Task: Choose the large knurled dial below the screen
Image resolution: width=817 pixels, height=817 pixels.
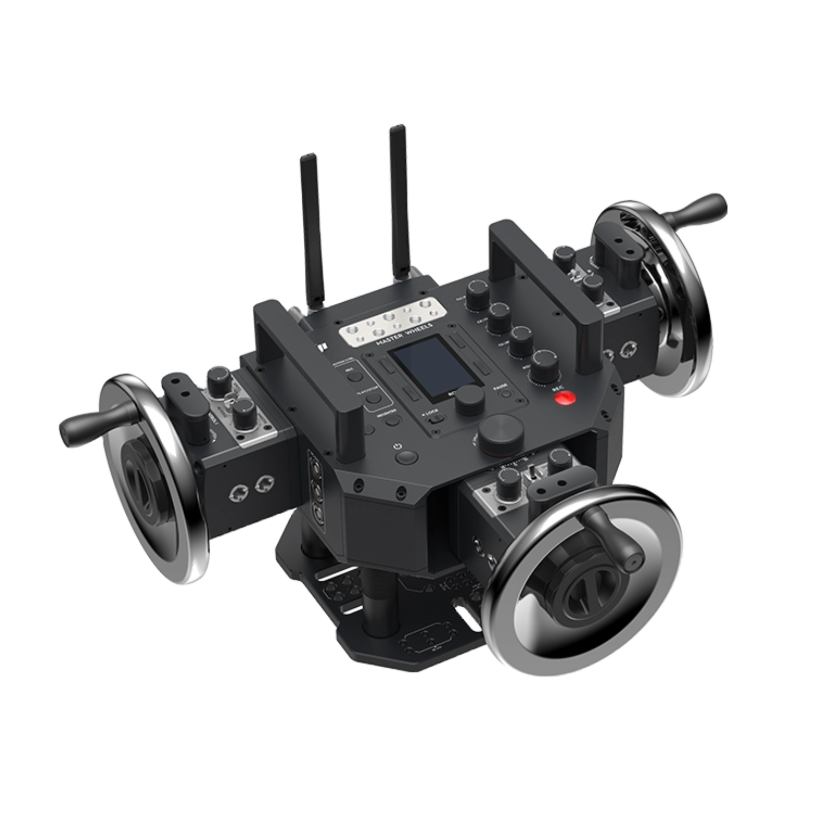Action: [x=502, y=435]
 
